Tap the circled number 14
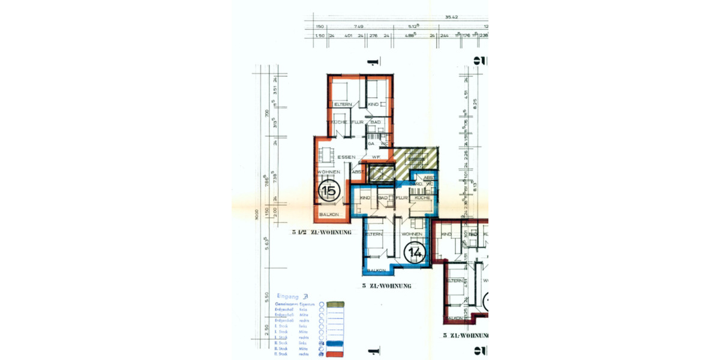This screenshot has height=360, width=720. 414,253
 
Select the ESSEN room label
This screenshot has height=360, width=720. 346,157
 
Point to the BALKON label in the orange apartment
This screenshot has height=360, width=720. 329,215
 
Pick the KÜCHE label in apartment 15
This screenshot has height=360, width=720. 338,122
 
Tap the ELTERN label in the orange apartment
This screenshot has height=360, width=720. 343,104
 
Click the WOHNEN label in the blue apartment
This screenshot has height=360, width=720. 412,234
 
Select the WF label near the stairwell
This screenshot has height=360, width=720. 376,157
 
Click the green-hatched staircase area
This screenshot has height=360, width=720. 418,160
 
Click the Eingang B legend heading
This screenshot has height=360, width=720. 292,296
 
